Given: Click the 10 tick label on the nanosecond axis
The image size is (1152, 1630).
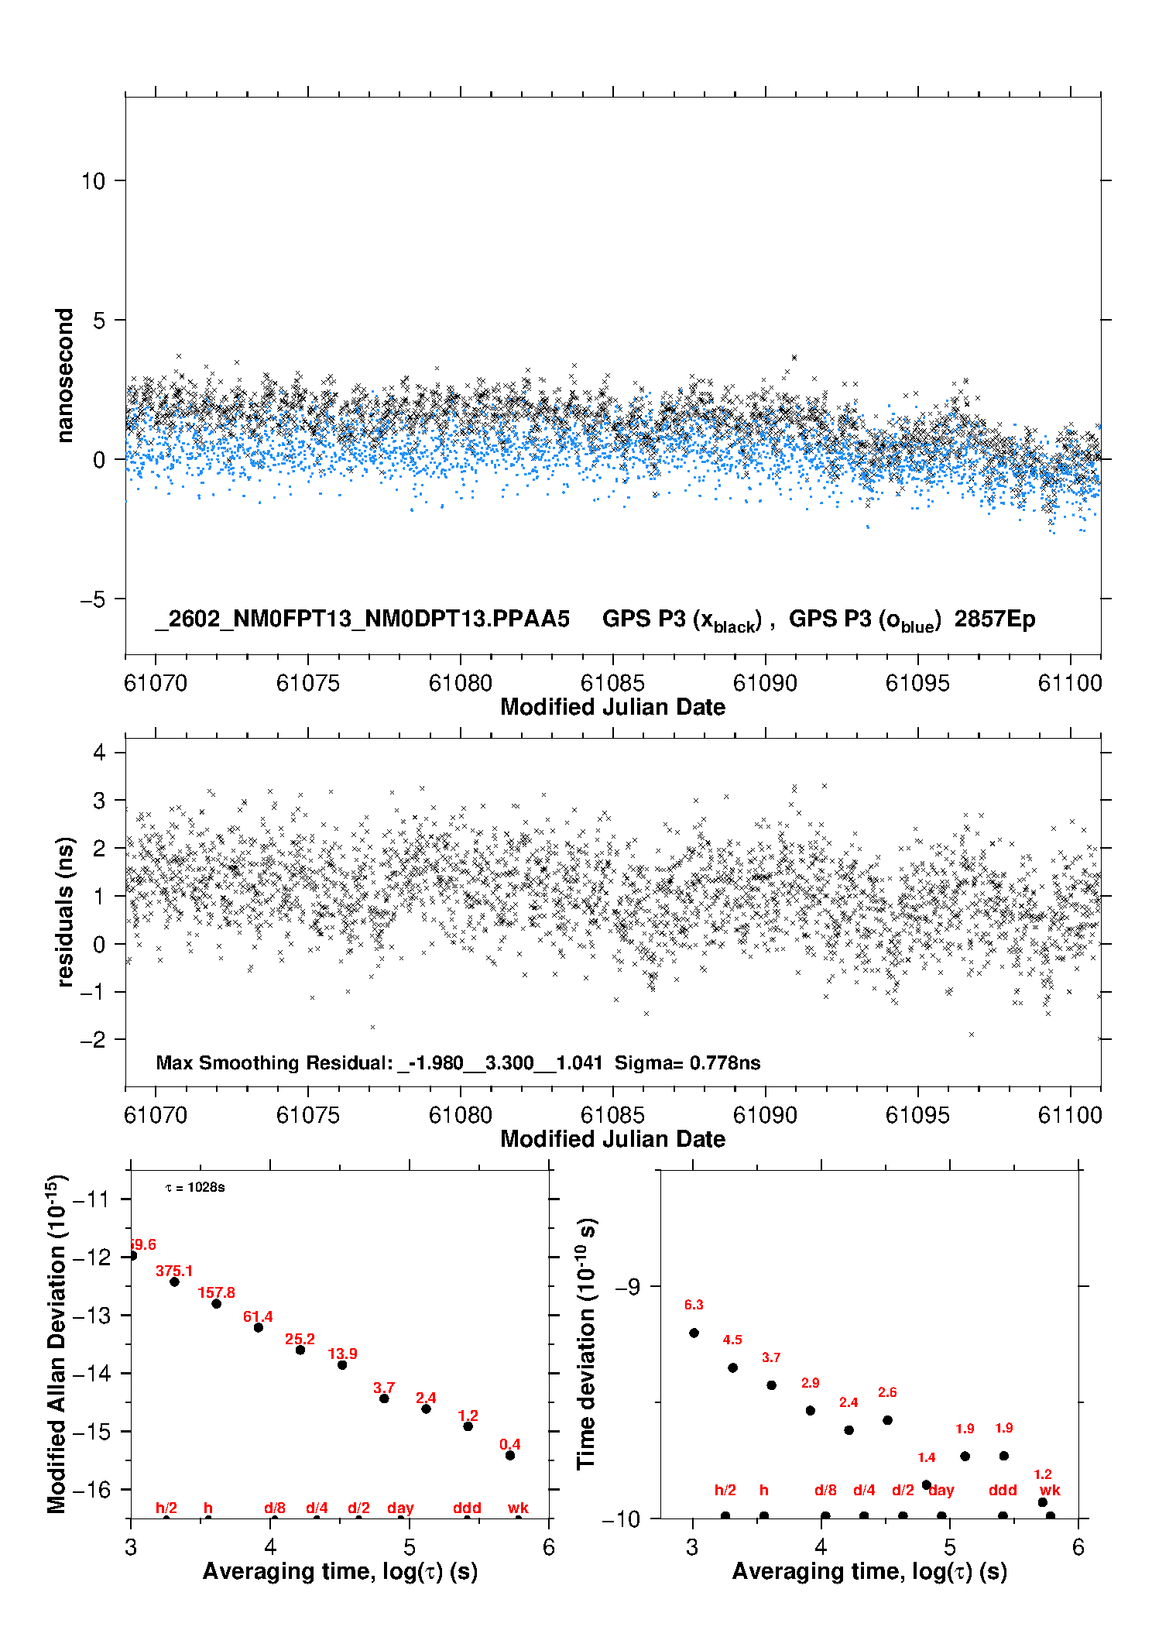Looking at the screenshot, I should pos(93,181).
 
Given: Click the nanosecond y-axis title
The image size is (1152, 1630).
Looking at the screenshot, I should pos(64,375).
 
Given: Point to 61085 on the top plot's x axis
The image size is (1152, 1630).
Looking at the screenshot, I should pos(612,683).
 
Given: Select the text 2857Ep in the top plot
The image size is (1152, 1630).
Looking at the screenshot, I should pos(994,619).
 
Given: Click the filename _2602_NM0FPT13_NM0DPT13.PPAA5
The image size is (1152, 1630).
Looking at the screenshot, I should pos(362,619).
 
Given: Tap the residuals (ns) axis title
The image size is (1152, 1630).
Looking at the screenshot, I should pos(66,911).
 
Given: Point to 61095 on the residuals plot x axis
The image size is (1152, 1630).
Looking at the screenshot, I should pos(917,1115).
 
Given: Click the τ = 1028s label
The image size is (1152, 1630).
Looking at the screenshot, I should pos(195,1188).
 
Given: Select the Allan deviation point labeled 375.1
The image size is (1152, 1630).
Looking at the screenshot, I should pos(175,1282).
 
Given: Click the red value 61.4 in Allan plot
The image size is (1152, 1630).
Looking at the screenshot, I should pos(258,1316).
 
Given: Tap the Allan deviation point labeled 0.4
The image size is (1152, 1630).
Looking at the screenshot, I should pos(510,1455).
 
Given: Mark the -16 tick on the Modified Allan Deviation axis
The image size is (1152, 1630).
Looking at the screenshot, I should pos(91,1489).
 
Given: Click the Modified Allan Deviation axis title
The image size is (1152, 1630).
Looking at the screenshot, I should pos(56,1343).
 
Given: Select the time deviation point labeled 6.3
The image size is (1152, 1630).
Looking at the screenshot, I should pos(694,1333).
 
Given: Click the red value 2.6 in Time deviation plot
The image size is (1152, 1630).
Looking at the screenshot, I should pos(887,1392).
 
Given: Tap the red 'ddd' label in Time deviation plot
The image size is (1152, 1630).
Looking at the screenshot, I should pos(1003,1490).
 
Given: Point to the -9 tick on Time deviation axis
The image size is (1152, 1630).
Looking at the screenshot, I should pos(627,1286).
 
